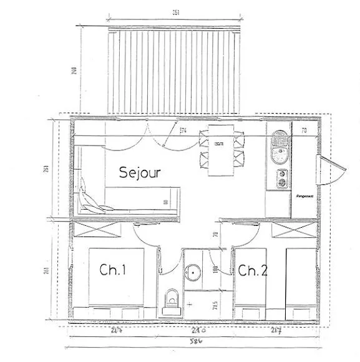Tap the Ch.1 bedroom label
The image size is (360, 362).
113,270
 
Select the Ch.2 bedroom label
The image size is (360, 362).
253,270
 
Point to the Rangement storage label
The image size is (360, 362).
304,196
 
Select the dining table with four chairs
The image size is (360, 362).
220,150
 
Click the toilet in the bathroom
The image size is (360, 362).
170,301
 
